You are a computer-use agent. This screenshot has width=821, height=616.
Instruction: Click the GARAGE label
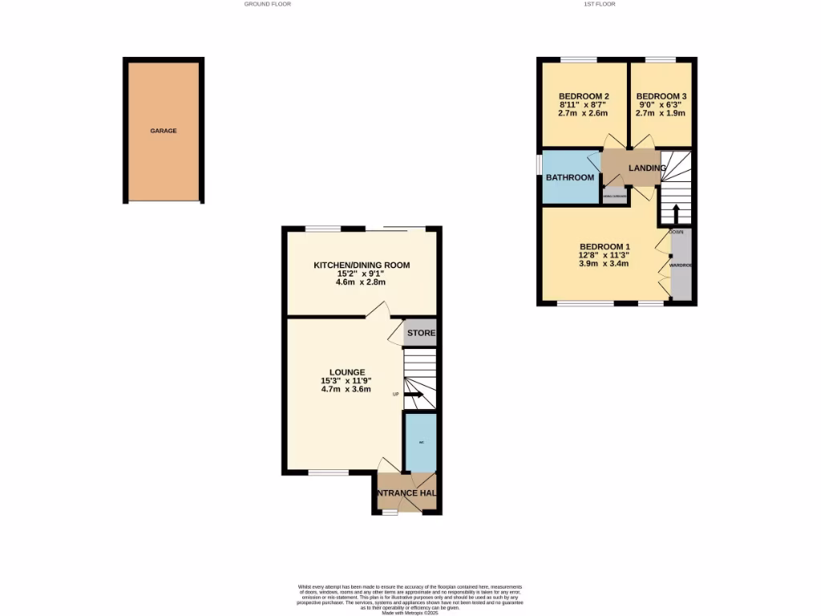(x=164, y=131)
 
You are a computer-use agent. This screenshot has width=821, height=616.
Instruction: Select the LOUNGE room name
(x=346, y=372)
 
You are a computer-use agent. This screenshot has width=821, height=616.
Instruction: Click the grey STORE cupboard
(x=421, y=334)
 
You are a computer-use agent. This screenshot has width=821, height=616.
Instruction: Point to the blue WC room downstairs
(x=421, y=442)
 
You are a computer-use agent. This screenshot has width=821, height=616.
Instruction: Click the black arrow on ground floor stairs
(x=416, y=394)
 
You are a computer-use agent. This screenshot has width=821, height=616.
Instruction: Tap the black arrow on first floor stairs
(x=675, y=214)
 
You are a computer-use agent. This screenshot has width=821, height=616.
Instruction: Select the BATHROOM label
(x=570, y=177)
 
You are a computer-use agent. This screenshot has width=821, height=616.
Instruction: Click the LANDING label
(x=646, y=168)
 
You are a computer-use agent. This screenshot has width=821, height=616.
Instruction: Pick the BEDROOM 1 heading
(x=605, y=246)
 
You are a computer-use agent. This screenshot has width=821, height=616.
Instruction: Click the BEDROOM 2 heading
(x=581, y=96)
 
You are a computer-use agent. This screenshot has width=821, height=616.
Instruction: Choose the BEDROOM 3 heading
(x=661, y=96)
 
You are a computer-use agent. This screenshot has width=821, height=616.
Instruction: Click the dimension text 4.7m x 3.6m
(x=346, y=390)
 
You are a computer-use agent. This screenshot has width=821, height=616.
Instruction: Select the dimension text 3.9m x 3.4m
(x=605, y=264)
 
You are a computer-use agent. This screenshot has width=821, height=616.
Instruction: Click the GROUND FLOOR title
(x=268, y=4)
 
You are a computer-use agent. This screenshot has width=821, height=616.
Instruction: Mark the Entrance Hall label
(x=407, y=492)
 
